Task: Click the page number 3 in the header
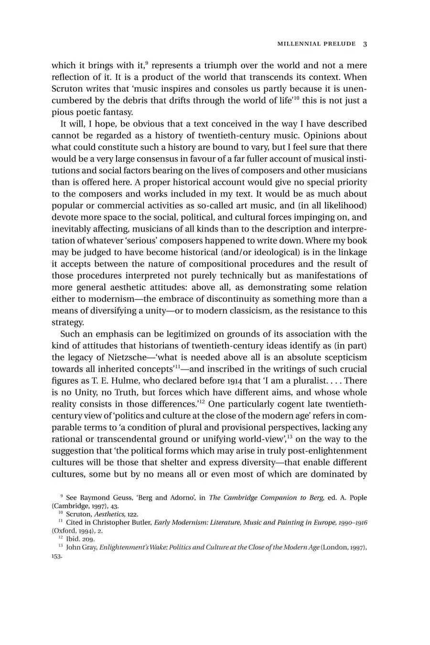[x=365, y=44]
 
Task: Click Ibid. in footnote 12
[x=73, y=539]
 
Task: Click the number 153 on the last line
[x=57, y=557]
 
